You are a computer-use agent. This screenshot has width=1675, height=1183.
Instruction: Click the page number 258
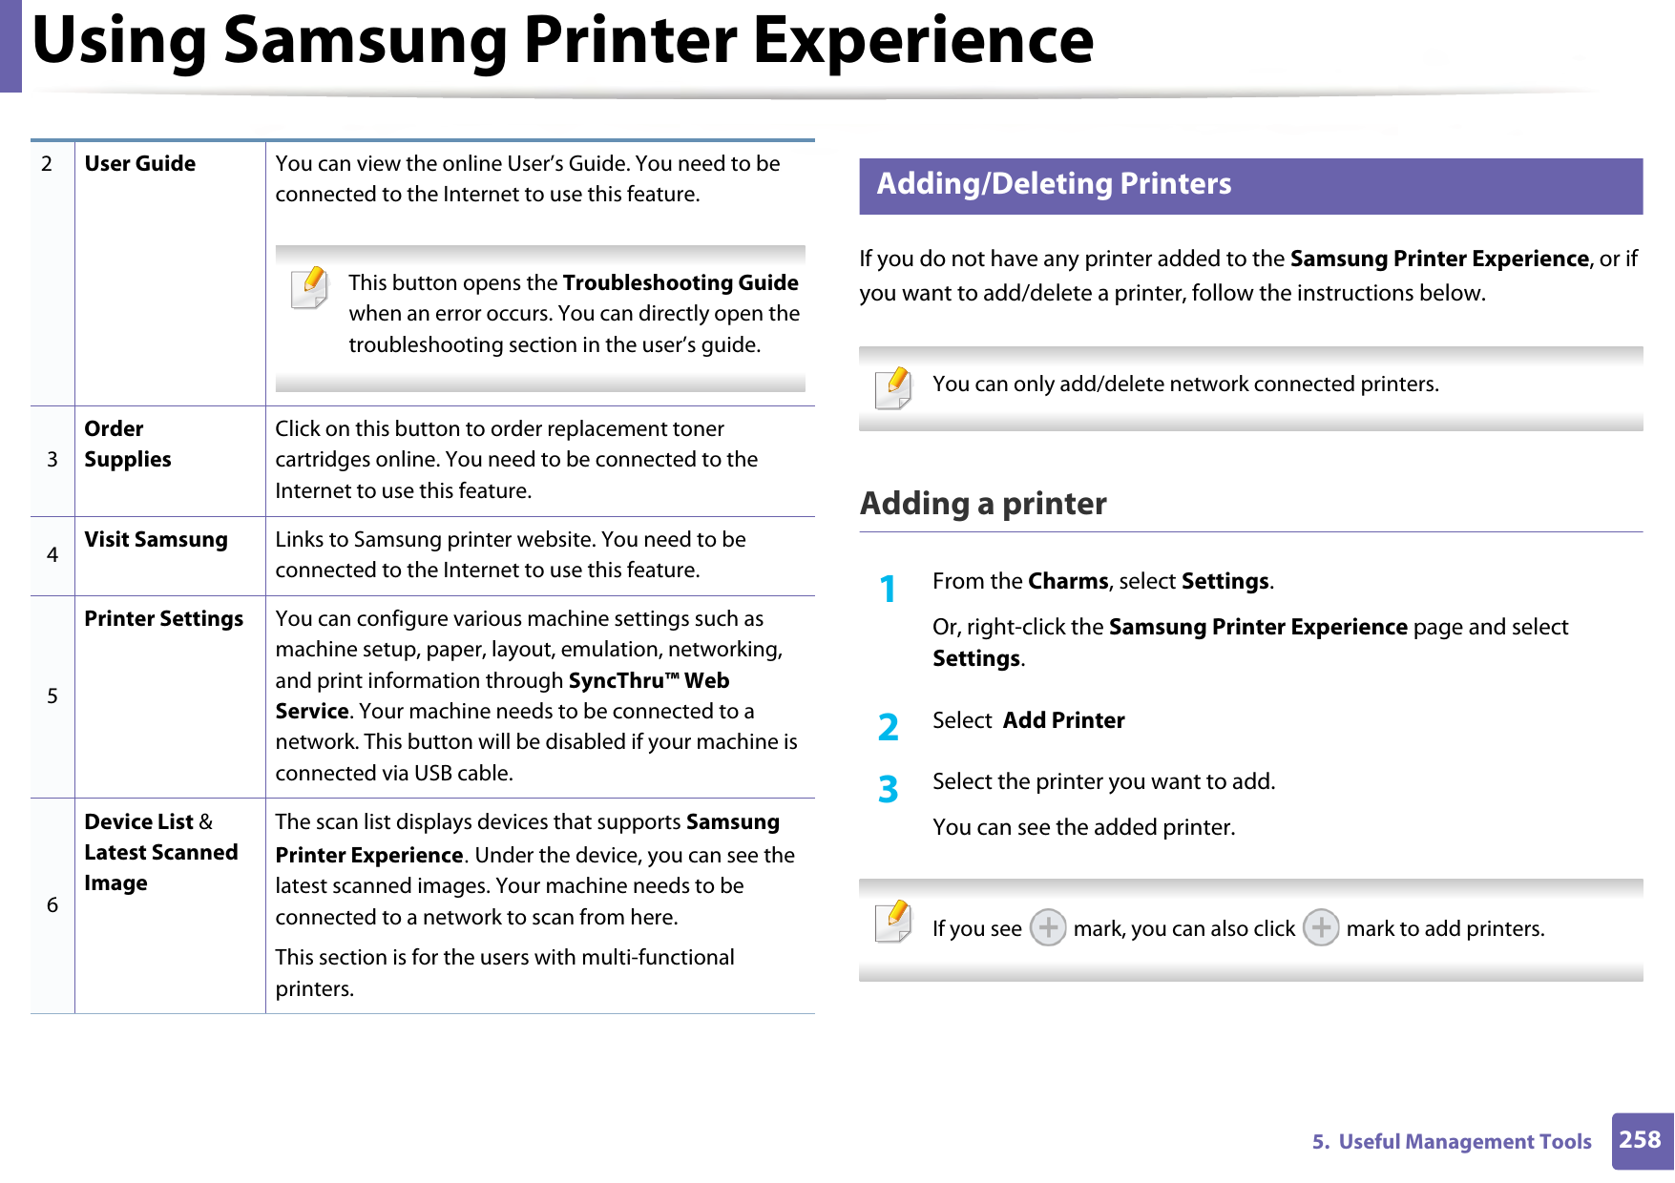(1640, 1140)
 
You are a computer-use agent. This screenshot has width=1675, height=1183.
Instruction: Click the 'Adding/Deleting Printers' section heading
(1054, 184)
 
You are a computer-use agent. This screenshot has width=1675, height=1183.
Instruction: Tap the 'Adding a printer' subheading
(983, 504)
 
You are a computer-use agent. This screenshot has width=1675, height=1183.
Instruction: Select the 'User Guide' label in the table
(140, 164)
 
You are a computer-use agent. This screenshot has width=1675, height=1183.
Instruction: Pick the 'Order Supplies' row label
(128, 445)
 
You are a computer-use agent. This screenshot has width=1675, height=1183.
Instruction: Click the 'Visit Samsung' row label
(156, 540)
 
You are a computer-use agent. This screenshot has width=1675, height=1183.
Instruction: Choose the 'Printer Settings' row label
(163, 619)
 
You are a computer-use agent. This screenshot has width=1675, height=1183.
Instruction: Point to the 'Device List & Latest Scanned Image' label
(160, 852)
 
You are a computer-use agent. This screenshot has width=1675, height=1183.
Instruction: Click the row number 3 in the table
(52, 460)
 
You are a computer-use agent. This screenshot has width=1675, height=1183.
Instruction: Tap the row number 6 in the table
(52, 905)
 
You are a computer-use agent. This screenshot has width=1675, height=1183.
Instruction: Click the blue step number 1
(888, 590)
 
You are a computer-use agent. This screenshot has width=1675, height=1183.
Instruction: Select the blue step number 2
(888, 728)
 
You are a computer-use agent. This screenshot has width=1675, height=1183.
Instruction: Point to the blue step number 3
(888, 789)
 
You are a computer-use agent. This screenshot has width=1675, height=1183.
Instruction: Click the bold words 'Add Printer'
(1063, 721)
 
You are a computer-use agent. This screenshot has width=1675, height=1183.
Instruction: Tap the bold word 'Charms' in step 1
(1068, 582)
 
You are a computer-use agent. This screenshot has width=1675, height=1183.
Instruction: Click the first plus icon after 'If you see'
(1047, 927)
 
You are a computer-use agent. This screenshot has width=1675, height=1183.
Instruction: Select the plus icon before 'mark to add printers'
(1321, 927)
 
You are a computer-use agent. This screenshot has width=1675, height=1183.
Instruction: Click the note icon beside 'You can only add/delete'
(893, 388)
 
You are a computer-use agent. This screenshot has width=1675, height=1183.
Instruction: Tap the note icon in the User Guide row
(309, 288)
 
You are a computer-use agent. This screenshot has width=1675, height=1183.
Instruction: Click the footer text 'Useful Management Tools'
(1464, 1142)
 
